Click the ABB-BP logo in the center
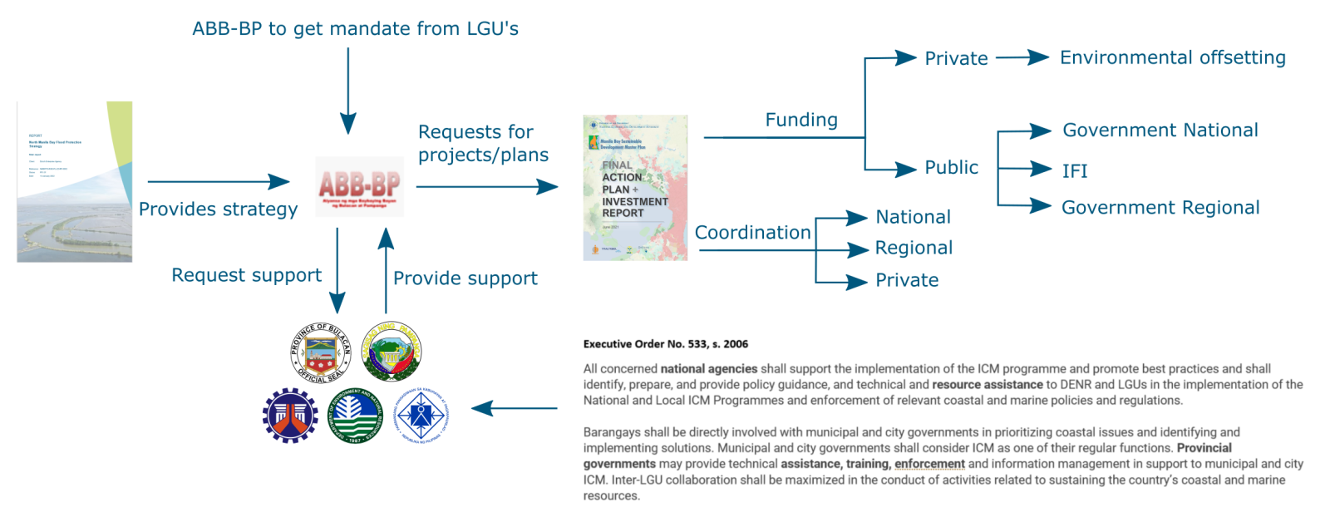(359, 186)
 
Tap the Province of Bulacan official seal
(320, 352)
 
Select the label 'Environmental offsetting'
(1172, 57)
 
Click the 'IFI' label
(1074, 171)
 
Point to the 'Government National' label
(1160, 130)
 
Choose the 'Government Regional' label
(1160, 208)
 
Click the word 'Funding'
(800, 121)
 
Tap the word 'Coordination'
(752, 233)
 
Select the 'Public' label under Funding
(951, 168)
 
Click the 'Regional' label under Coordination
(914, 248)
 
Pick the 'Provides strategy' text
(218, 209)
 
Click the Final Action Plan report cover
(635, 188)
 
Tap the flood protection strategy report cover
(74, 182)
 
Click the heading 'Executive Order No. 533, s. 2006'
(665, 344)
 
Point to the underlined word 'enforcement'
(929, 464)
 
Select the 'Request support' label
(246, 275)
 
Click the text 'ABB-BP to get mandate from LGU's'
(355, 29)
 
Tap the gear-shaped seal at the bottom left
(289, 415)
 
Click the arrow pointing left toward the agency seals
(514, 408)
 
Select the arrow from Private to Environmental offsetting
(1022, 57)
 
